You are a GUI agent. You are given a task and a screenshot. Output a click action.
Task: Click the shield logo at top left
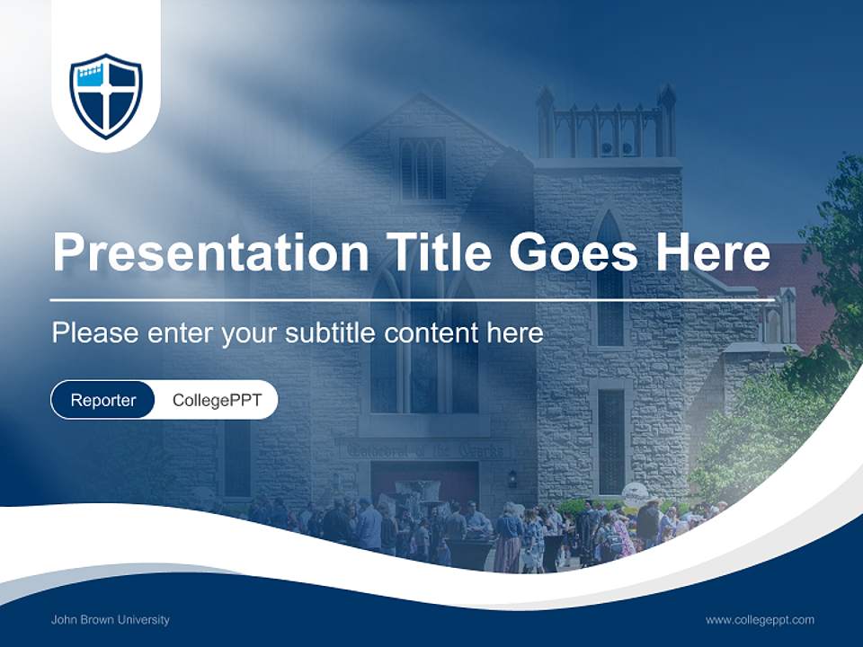pyautogui.click(x=106, y=96)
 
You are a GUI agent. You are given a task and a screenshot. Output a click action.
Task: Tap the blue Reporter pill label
pyautogui.click(x=103, y=400)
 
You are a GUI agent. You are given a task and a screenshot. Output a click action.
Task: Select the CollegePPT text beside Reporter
pyautogui.click(x=217, y=400)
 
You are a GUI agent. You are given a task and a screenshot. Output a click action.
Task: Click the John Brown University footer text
pyautogui.click(x=111, y=619)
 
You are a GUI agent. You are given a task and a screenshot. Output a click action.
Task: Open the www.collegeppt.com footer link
pyautogui.click(x=760, y=619)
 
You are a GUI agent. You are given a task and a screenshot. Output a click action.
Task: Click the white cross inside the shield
pyautogui.click(x=106, y=99)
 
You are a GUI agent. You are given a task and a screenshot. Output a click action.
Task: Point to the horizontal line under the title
pyautogui.click(x=412, y=299)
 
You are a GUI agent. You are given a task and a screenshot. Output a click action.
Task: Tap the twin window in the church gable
pyautogui.click(x=423, y=168)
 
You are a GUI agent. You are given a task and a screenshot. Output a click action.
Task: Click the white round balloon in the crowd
pyautogui.click(x=634, y=492)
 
